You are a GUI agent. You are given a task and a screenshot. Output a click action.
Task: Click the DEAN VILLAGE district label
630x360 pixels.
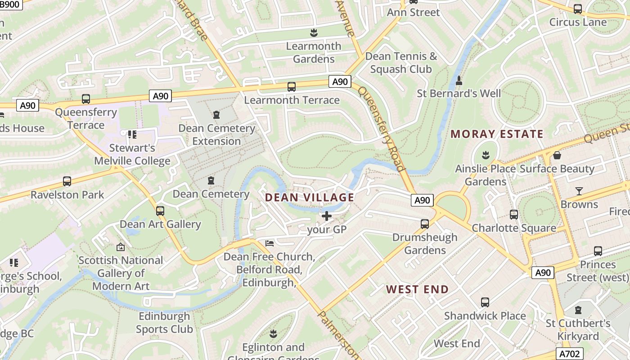[x=310, y=198]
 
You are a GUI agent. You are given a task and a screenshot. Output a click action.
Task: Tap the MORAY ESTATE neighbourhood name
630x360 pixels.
[x=497, y=134]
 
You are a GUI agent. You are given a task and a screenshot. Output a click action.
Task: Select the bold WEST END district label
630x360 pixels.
[x=417, y=289]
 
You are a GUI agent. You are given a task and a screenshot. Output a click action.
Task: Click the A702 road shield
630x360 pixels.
[x=569, y=354]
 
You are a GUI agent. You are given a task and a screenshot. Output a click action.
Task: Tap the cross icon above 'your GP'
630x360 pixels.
[x=327, y=216]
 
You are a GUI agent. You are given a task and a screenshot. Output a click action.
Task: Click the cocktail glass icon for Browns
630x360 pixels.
[x=579, y=191]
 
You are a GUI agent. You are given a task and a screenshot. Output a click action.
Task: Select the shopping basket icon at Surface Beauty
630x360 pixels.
[x=557, y=155]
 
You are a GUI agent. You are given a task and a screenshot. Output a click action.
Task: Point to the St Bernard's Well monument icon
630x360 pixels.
[x=459, y=81]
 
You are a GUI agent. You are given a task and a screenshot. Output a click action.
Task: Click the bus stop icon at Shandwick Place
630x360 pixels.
[x=485, y=302]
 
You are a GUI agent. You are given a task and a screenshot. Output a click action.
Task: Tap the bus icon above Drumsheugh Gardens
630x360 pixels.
[x=424, y=224]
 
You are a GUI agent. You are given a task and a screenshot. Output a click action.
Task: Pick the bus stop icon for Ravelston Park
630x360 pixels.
[x=67, y=181]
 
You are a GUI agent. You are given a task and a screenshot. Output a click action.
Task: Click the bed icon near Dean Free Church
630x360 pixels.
[x=270, y=243]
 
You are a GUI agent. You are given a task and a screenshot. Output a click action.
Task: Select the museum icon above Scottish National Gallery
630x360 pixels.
[x=120, y=247]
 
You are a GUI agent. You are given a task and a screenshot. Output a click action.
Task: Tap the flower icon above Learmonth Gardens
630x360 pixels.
[x=314, y=32]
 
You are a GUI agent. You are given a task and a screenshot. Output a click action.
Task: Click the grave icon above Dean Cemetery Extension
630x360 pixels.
[x=216, y=115]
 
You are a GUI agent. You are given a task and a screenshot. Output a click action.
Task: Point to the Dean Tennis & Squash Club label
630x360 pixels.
[x=401, y=63]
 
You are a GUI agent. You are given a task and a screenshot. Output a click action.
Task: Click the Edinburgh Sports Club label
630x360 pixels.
[x=164, y=323]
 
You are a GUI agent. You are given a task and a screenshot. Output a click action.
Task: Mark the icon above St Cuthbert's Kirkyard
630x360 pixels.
[x=578, y=310]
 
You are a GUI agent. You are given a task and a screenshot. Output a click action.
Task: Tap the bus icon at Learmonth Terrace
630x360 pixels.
[x=291, y=86]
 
